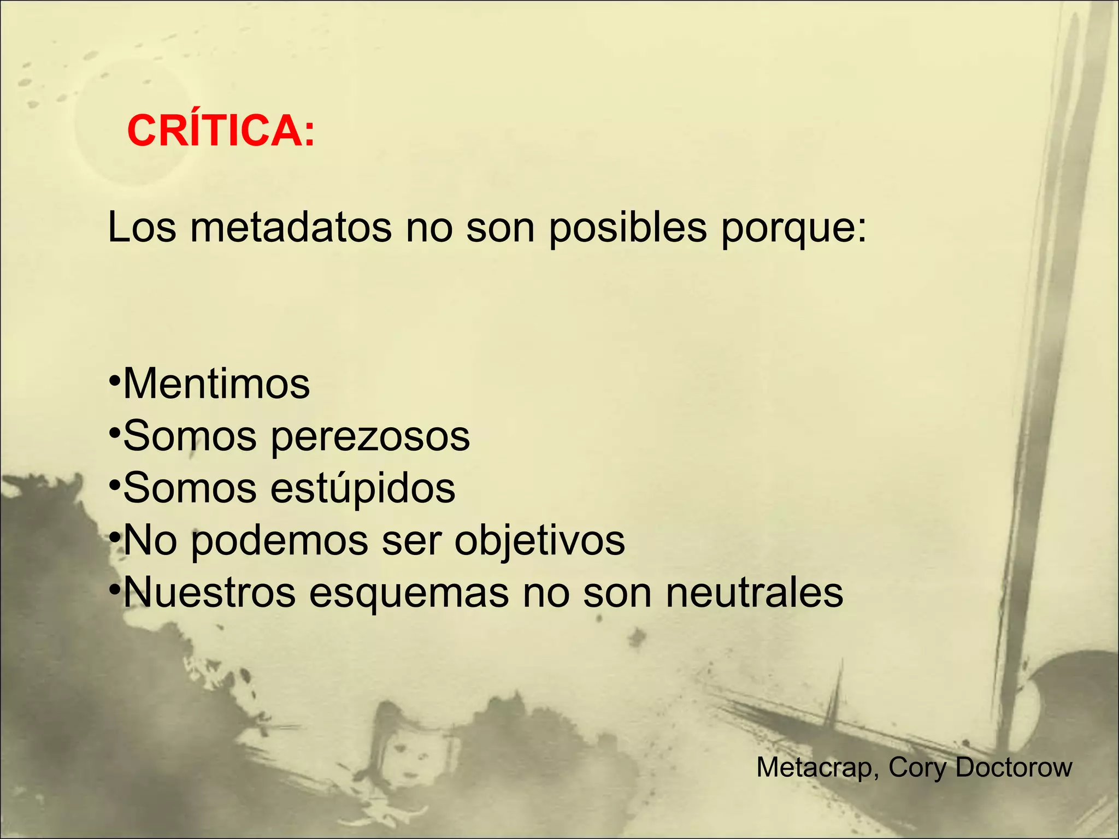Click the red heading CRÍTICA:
coord(221,131)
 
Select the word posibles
coord(627,228)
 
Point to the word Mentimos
coord(216,384)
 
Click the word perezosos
coord(370,437)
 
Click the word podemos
coord(279,541)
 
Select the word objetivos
coord(539,541)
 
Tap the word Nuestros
coord(209,593)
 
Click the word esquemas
coord(409,594)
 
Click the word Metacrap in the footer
coord(817,767)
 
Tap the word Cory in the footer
coord(917,768)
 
